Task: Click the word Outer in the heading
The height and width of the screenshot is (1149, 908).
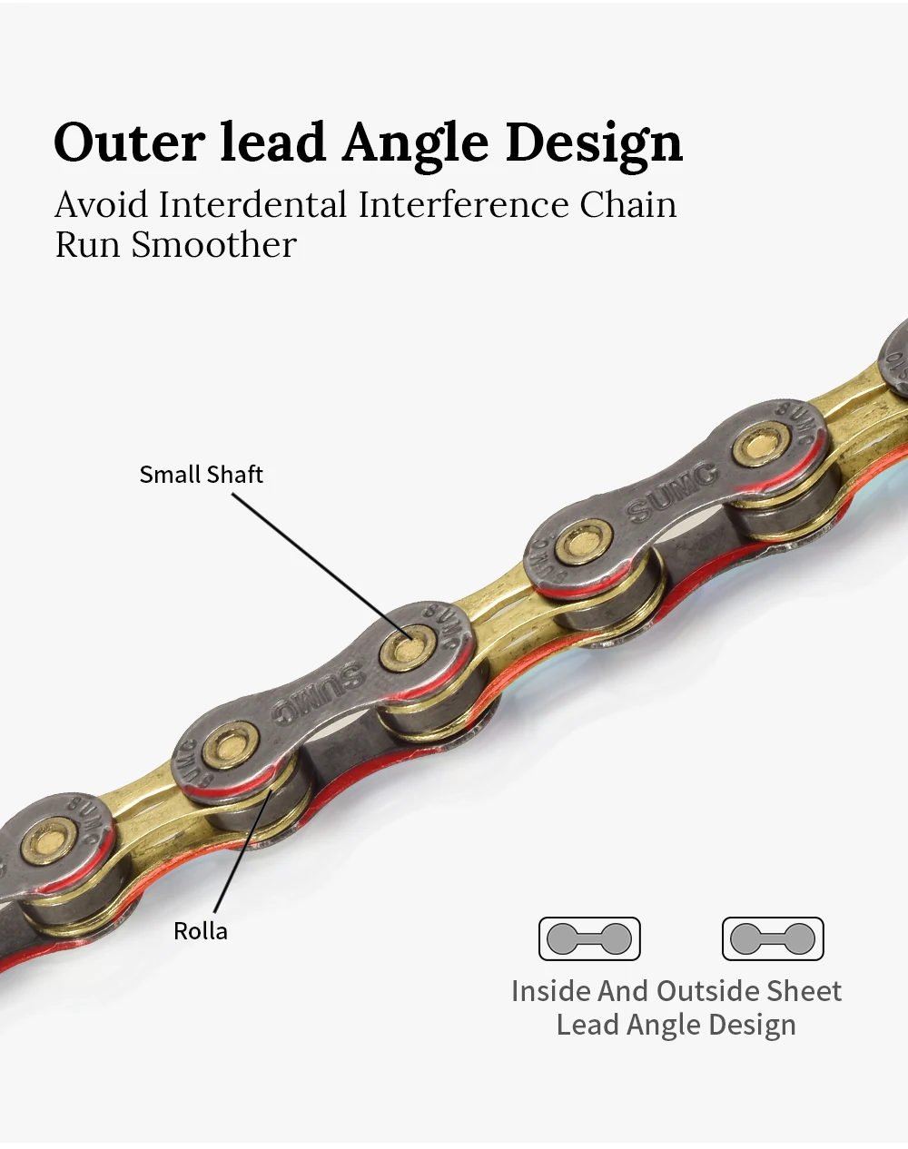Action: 129,143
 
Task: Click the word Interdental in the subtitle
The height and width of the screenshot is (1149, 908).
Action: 253,205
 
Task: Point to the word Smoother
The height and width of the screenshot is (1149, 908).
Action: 214,245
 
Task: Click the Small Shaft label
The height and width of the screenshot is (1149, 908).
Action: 201,475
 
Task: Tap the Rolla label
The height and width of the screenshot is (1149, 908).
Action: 201,931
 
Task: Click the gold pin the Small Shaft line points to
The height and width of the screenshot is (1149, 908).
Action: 404,646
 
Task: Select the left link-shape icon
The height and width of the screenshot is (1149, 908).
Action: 589,938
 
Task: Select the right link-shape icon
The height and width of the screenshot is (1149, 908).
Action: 773,938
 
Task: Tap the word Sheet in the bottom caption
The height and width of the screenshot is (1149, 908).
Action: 804,991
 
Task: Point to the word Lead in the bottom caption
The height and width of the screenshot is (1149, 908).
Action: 586,1026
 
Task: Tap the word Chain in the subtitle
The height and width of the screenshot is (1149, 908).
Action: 628,205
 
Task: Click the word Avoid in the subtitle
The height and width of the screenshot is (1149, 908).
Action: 101,205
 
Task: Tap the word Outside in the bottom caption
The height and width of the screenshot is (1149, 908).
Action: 707,991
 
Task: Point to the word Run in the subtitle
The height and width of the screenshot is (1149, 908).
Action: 87,245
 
